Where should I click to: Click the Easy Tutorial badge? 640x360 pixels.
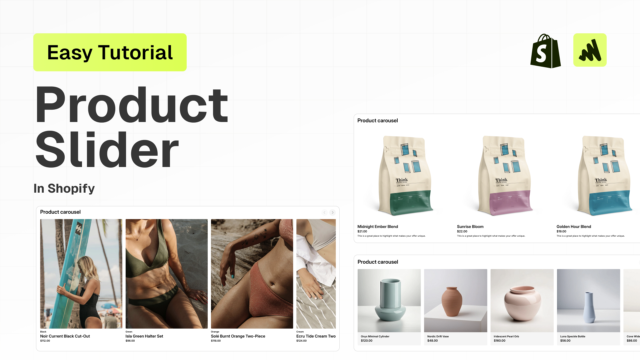click(110, 52)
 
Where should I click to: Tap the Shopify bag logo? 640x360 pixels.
click(545, 51)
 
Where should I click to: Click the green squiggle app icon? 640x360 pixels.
click(590, 50)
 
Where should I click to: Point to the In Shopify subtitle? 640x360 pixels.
click(64, 188)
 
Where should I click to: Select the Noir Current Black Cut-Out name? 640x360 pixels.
click(65, 336)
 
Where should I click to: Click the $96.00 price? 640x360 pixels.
click(130, 341)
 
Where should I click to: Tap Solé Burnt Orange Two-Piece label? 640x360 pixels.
click(238, 336)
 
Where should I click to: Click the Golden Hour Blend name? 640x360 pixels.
click(574, 227)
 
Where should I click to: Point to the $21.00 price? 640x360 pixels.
click(362, 231)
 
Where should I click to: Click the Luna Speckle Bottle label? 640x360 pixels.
click(573, 336)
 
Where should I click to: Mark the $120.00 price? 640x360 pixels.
click(366, 341)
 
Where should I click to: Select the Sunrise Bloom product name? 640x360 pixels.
click(470, 227)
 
